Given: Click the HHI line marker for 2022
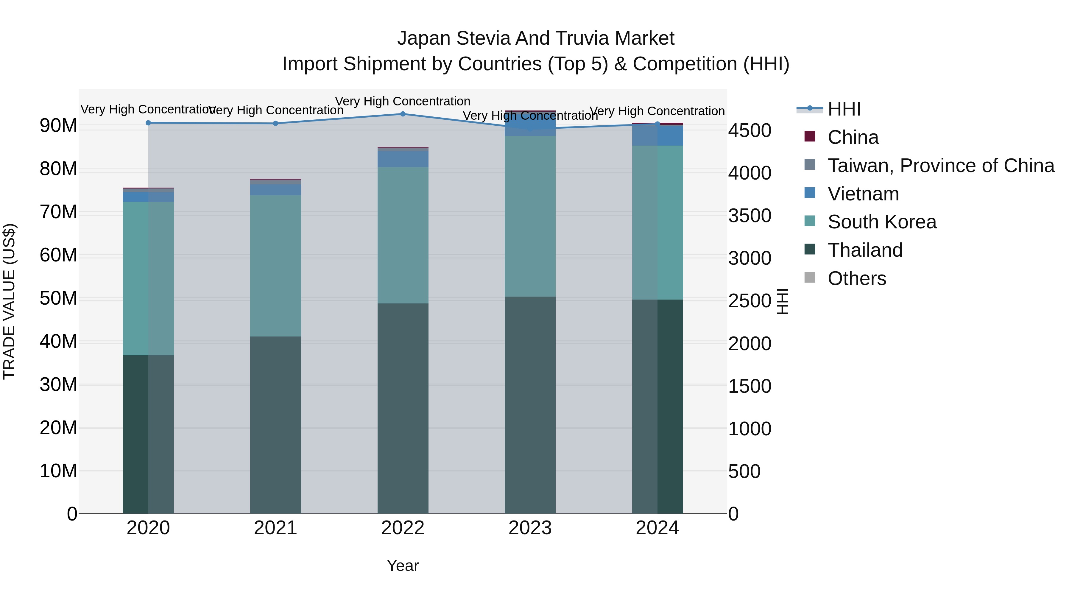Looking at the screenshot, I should (402, 114).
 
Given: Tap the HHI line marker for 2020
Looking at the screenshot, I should (148, 123).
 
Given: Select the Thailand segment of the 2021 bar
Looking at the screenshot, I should (275, 424).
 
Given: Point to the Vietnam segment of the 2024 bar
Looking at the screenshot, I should (657, 135).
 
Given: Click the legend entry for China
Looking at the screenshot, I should (853, 137).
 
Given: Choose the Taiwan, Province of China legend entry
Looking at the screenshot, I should (940, 166).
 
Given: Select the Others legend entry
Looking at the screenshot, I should (856, 278).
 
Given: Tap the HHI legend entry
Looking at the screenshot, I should (844, 109).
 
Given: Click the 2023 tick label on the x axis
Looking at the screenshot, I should (530, 528).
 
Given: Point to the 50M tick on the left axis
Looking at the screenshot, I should (58, 298).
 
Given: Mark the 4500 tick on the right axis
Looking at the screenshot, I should (750, 130).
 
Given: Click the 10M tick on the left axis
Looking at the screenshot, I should (58, 471).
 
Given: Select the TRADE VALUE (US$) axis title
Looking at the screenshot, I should (9, 301).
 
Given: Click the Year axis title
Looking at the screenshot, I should (402, 565).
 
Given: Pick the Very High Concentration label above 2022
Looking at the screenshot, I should (402, 101).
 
